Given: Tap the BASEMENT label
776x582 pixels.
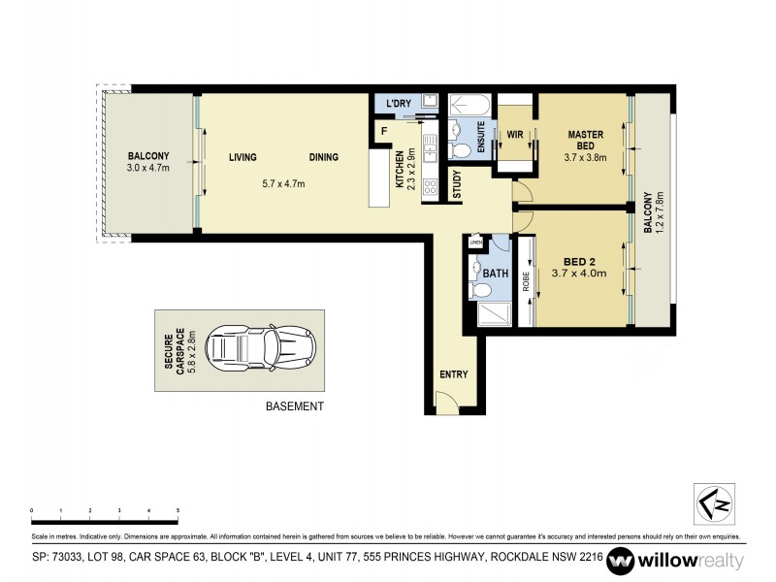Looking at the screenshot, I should (x=294, y=407).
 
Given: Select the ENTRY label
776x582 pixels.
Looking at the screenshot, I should (x=453, y=375).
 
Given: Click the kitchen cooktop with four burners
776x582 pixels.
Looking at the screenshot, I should (x=430, y=188).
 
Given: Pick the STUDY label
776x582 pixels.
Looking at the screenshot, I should (x=455, y=186).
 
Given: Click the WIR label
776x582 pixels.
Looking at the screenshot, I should (x=515, y=136).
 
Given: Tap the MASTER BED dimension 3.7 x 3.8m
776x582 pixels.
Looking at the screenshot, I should (x=585, y=157).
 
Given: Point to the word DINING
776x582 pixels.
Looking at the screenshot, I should (x=324, y=157).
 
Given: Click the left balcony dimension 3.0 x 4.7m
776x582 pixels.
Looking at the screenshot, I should (x=148, y=167).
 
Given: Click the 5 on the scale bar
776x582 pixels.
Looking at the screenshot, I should (x=178, y=509).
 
